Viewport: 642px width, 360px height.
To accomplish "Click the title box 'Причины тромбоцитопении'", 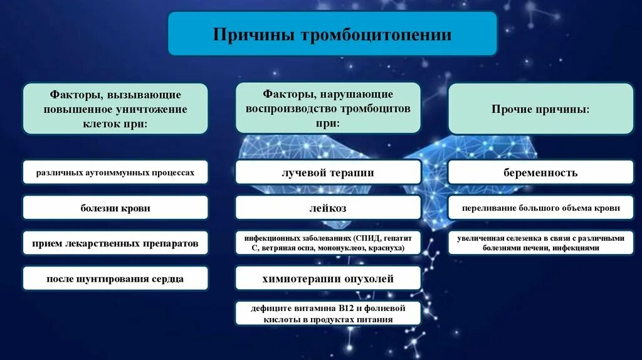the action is [332, 33].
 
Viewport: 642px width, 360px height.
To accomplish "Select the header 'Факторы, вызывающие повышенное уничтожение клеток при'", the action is [115, 109].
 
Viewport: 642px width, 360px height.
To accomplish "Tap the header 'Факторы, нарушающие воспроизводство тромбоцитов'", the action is [328, 108].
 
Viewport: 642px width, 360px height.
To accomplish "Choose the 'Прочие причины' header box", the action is [540, 109].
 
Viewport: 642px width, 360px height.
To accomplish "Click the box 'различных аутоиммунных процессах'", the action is [115, 172].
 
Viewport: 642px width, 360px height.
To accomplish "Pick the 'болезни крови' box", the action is [115, 208].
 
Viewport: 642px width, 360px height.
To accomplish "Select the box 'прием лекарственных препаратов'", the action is [115, 243].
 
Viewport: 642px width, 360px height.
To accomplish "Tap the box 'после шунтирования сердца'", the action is [115, 278].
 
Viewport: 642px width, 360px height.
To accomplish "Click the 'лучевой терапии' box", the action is [328, 172].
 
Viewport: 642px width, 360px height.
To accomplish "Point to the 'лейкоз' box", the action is [328, 208].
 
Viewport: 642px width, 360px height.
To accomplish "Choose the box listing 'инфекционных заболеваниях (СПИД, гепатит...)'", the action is [328, 243].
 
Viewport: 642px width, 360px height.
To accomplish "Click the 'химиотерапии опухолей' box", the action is [328, 278].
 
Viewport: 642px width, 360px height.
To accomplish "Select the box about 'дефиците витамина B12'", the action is [328, 314].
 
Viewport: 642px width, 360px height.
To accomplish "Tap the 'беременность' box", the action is [540, 172].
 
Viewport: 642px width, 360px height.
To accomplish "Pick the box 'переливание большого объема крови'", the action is [540, 208].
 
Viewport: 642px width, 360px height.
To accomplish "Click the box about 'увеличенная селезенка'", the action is [540, 243].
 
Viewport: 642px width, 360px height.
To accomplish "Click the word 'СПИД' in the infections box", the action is [367, 238].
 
